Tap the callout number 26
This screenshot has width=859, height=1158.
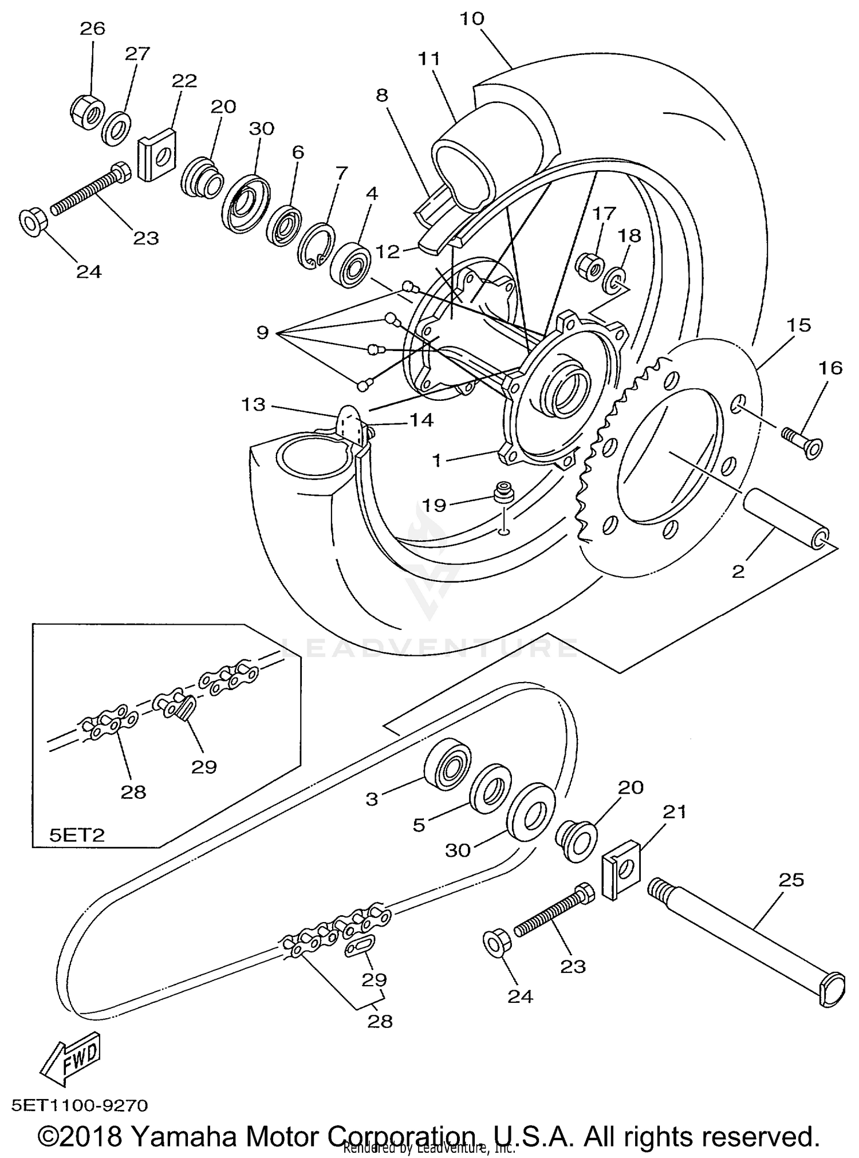[92, 28]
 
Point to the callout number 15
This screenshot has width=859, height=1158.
[798, 325]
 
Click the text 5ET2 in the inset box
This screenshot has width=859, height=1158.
[76, 834]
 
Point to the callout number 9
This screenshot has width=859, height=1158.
[262, 332]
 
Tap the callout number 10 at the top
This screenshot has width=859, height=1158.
[472, 18]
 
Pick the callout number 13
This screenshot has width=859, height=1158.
[253, 405]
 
